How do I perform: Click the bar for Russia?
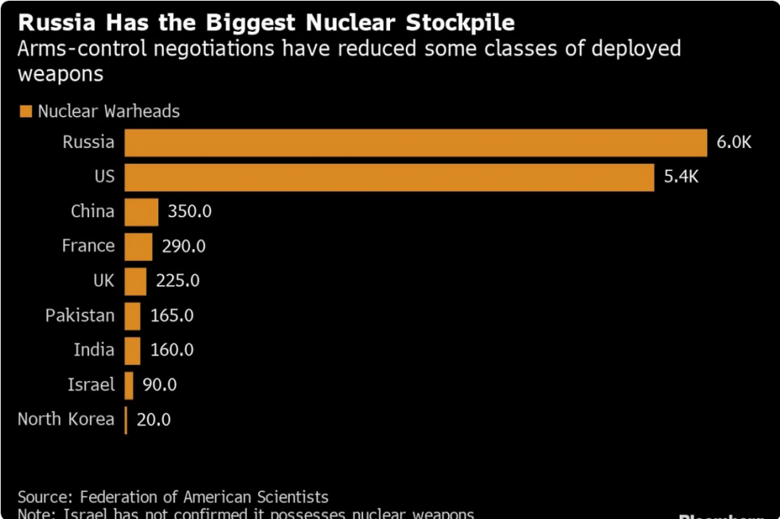coord(415,142)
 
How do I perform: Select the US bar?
coord(389,177)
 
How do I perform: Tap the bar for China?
coord(142,212)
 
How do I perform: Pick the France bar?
coord(138,246)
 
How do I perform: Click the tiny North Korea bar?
coord(126,419)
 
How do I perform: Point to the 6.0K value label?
coord(734,142)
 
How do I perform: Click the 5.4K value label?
coord(681,177)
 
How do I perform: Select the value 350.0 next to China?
coord(189,212)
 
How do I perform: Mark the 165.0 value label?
coord(172,316)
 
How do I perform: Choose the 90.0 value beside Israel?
coord(159,385)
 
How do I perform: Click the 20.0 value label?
coord(154,419)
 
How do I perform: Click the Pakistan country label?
coord(80,316)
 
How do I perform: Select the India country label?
coord(94,350)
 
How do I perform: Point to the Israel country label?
coord(91,385)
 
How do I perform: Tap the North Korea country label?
coord(66,419)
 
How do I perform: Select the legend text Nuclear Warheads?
coord(109,111)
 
